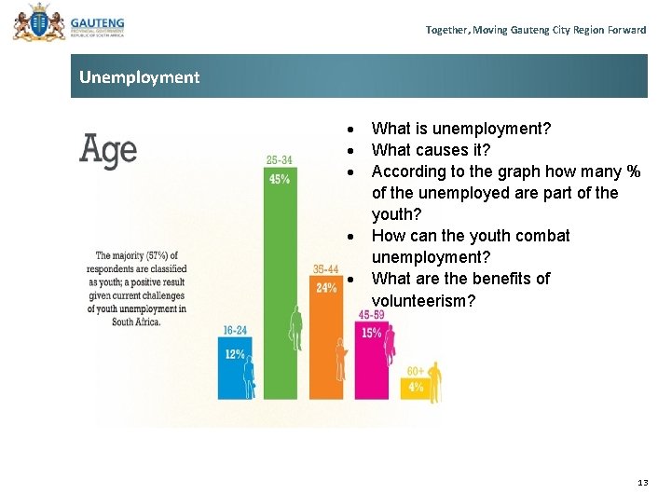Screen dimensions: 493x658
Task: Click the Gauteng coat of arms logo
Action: [x=34, y=22]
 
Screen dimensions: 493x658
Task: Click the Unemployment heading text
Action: [x=139, y=77]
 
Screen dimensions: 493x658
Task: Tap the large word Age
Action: [x=108, y=151]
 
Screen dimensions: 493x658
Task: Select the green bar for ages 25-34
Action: [x=279, y=280]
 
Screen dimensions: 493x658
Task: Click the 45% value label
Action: [x=279, y=179]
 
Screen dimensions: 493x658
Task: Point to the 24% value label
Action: [x=326, y=288]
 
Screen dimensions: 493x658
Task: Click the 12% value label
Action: [x=233, y=354]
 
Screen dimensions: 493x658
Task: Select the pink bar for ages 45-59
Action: [x=371, y=363]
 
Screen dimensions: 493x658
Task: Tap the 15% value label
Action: [x=371, y=333]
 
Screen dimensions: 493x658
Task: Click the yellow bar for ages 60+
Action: [x=415, y=389]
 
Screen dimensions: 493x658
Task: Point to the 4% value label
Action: [x=415, y=387]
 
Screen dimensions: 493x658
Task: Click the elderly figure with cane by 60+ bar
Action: [x=433, y=382]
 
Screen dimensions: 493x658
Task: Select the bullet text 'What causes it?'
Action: [x=431, y=150]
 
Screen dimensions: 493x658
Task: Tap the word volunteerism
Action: [x=423, y=300]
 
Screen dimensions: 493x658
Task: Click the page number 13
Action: [x=642, y=482]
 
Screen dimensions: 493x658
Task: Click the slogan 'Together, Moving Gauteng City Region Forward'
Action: [x=535, y=30]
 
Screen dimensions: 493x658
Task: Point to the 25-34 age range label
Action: [x=279, y=160]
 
